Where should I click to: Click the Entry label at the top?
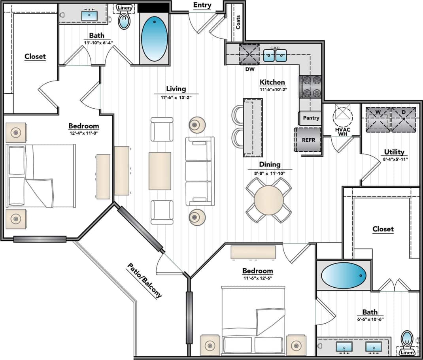point(202,5)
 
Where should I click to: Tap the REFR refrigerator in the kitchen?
point(308,139)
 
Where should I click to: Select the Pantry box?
point(311,118)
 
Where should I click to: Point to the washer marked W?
point(377,119)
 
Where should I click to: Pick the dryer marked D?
point(404,119)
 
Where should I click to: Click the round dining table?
point(269,200)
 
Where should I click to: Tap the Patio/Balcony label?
point(144,280)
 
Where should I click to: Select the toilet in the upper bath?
point(125,21)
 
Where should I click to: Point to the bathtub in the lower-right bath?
point(343,275)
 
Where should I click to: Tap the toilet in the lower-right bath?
point(407,340)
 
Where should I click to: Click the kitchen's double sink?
point(275,55)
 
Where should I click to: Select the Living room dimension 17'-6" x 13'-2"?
point(176,97)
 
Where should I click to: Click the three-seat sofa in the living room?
point(200,171)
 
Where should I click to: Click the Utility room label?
point(394,152)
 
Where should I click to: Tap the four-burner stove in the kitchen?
point(311,87)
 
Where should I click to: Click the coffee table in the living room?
point(160,171)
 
